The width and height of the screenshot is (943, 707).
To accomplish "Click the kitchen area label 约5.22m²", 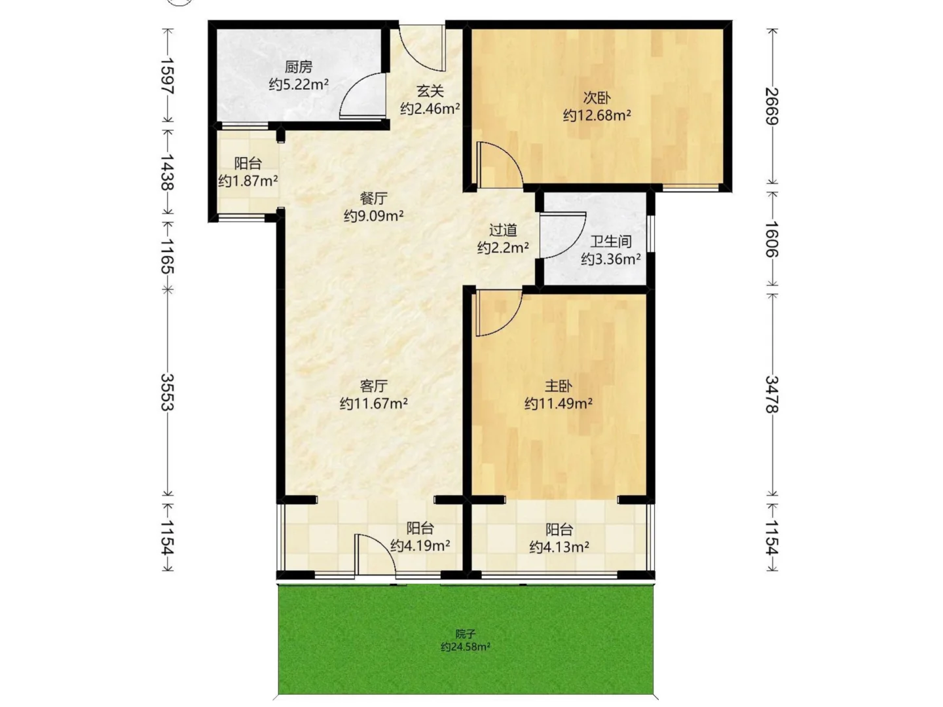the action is coord(299,84).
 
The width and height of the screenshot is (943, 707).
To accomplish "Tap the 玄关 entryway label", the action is coord(430,91).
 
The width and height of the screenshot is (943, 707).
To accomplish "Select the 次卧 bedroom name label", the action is coord(597,98).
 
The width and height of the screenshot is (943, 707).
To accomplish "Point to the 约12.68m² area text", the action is coord(597,115).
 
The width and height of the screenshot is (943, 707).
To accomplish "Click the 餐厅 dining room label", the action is coord(373,198).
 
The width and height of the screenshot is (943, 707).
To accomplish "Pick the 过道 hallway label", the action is coord(503,230).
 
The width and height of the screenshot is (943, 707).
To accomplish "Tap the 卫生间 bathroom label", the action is coord(611,242).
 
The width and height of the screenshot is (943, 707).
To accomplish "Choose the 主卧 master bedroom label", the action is coord(559,386).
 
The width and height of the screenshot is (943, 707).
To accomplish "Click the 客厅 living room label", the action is coord(373,386).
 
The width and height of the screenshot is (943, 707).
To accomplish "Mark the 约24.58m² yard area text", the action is coord(465,647).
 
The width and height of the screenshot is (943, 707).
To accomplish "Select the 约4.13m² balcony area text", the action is coord(559,547).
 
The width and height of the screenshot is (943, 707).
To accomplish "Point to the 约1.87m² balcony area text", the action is coord(248,181).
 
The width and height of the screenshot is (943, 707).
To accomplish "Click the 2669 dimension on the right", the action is coord(772,105).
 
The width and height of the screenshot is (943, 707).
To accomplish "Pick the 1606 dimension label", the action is coord(772,239).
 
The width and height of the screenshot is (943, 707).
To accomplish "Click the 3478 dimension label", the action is coord(772,394).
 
